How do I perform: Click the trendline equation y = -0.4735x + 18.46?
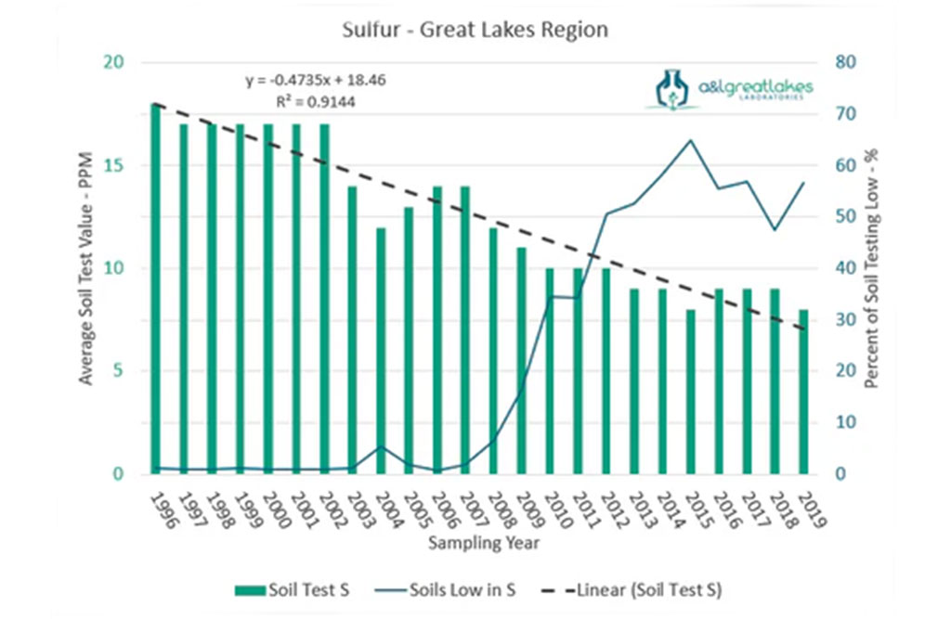(x=316, y=80)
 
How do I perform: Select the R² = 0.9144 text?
(x=316, y=101)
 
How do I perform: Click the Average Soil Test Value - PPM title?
(x=85, y=270)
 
